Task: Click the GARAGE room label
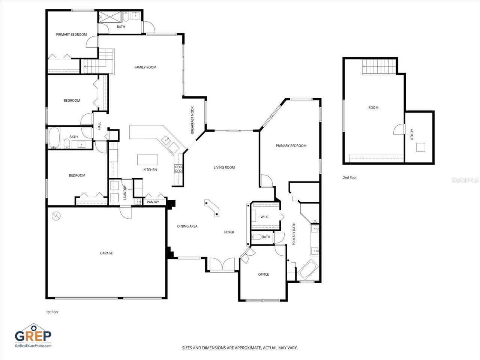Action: tap(106, 253)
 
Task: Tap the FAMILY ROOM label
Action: tap(145, 67)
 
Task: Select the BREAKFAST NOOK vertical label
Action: tap(192, 120)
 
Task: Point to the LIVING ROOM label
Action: tap(224, 168)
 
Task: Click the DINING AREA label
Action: tap(187, 226)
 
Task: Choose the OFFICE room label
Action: tap(263, 274)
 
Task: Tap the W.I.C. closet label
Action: tap(265, 217)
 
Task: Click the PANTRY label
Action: tap(153, 202)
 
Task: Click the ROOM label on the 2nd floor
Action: tap(373, 108)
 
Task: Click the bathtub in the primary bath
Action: tap(307, 269)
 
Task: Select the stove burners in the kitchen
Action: tap(178, 169)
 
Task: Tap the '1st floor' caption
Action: tap(52, 312)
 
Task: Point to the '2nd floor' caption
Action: tap(349, 178)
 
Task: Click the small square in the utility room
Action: tap(421, 147)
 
